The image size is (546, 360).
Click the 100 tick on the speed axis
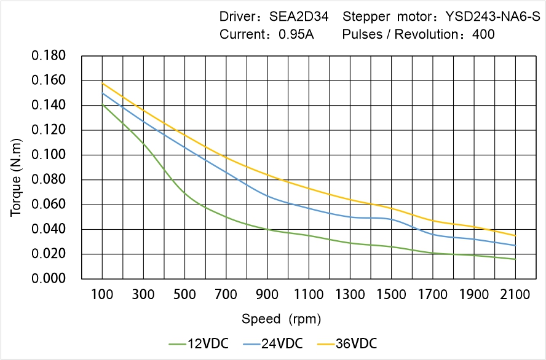coord(102,295)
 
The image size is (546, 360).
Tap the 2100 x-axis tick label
coord(515,295)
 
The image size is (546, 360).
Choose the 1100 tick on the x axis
coord(309,295)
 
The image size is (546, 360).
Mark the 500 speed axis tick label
coord(184,295)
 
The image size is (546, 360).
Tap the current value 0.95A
coord(296,34)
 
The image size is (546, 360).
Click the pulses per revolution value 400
coord(483,34)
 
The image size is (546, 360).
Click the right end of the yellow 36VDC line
coord(515,235)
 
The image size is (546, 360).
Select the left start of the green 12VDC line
coord(102,105)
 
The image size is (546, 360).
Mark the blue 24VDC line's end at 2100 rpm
coord(515,245)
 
